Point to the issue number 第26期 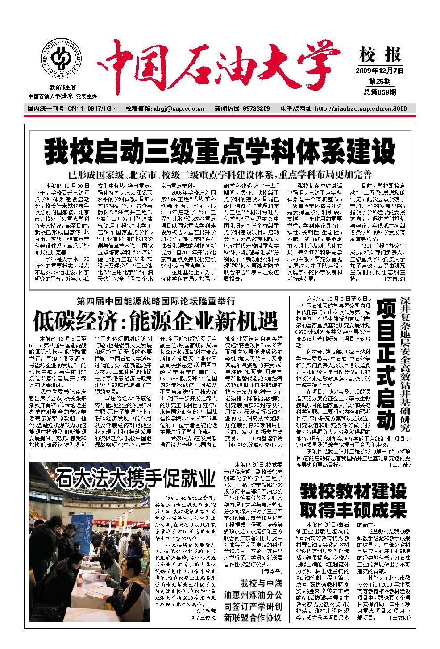tap(380, 82)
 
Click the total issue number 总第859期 tap(380, 92)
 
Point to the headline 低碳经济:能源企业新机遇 tap(155, 320)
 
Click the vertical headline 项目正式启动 tap(386, 364)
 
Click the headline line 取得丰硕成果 tap(353, 509)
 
